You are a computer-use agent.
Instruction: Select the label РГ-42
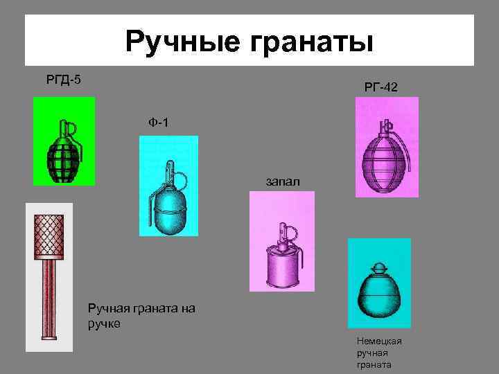coord(380,87)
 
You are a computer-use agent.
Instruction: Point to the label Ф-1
coord(158,123)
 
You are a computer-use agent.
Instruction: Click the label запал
coord(282,181)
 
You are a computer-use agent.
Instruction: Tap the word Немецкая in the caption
coord(379,341)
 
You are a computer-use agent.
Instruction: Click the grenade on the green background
coord(64,152)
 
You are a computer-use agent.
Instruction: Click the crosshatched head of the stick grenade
coord(48,233)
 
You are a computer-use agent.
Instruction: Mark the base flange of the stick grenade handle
coord(48,337)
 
